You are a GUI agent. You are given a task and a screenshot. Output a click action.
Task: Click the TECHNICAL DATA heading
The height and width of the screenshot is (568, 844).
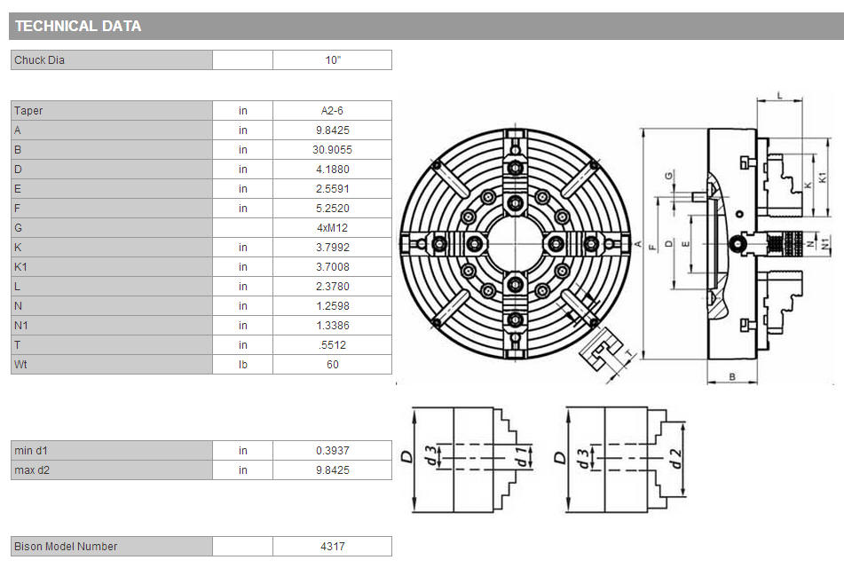coord(78,26)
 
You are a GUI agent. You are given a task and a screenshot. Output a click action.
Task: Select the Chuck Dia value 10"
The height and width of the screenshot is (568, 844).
coord(333,59)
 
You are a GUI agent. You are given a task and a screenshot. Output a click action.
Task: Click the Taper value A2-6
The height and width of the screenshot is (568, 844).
coord(332,110)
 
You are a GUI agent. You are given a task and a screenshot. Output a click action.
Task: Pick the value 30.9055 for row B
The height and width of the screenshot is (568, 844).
coord(332,150)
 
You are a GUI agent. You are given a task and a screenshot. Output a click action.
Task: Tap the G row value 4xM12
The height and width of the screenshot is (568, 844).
coord(332,228)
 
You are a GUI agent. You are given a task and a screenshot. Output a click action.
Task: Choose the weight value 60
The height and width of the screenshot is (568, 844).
coord(332,365)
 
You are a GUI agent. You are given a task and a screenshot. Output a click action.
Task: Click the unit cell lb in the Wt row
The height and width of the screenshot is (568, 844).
coord(243,365)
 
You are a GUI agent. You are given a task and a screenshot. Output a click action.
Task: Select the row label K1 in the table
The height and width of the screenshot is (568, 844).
coord(20,266)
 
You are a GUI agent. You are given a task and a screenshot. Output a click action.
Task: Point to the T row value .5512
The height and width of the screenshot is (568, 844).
coord(332,344)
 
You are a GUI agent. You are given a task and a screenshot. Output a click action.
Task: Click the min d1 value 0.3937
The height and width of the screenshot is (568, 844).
coord(332,450)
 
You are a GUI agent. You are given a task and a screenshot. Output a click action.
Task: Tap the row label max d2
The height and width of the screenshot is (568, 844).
coord(32,470)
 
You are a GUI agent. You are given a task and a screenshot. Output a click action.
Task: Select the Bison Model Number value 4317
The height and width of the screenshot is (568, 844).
coord(332,546)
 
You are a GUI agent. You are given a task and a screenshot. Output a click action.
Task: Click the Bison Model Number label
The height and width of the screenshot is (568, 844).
coord(66,546)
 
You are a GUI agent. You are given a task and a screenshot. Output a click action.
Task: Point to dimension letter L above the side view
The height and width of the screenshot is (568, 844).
coord(780,96)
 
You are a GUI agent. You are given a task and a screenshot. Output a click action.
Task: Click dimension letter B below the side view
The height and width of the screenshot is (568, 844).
coord(732,377)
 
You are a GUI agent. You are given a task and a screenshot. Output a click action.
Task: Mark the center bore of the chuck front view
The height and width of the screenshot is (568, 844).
coord(515,243)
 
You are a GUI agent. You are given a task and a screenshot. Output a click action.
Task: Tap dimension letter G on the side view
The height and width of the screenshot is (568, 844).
coord(668,176)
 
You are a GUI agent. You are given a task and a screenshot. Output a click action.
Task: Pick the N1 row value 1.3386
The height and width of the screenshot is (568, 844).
coord(332,325)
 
